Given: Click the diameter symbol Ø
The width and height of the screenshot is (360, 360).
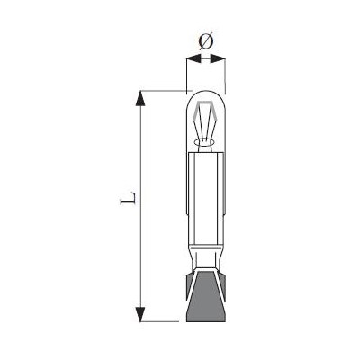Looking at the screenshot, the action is click(205, 40).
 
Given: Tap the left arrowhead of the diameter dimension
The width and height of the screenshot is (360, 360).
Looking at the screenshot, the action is click(193, 58).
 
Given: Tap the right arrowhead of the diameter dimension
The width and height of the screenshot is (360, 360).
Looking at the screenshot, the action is click(217, 58).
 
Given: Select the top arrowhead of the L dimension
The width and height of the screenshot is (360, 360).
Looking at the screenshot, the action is click(140, 98).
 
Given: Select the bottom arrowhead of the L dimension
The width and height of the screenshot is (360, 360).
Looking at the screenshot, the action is click(140, 314).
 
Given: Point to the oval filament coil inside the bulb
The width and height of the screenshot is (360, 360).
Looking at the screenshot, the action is click(204, 141).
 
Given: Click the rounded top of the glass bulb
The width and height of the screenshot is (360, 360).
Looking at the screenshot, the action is click(205, 95).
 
